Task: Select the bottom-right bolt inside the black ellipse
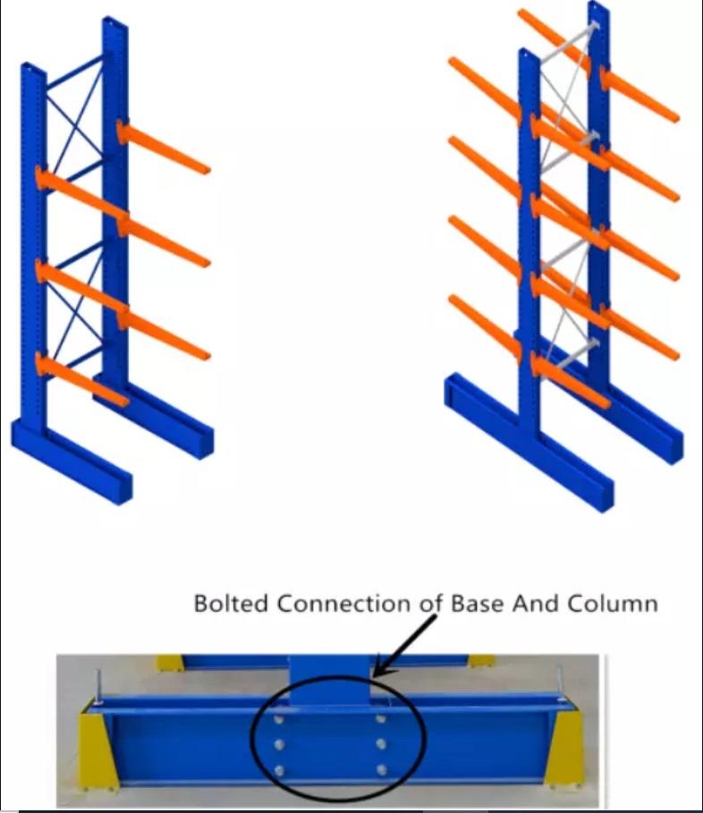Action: [x=382, y=769]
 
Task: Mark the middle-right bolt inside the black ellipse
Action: [x=382, y=743]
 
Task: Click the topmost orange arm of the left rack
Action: [x=165, y=148]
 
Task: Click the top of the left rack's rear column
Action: [x=114, y=21]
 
